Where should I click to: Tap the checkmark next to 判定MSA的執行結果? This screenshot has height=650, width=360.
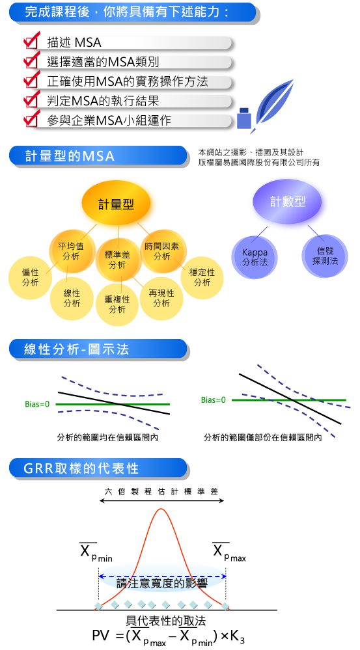pyautogui.click(x=32, y=99)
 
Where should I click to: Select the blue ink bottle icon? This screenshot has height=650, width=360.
pyautogui.click(x=244, y=118)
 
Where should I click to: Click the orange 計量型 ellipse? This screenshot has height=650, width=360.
pyautogui.click(x=116, y=204)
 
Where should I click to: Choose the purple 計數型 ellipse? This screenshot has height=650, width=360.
pyautogui.click(x=288, y=202)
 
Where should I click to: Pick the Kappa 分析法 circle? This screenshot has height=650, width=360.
pyautogui.click(x=255, y=256)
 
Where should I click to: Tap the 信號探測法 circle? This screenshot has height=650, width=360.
pyautogui.click(x=325, y=256)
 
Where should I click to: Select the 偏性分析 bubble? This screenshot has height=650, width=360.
pyautogui.click(x=31, y=277)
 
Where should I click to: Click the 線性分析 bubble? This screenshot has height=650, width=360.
pyautogui.click(x=72, y=298)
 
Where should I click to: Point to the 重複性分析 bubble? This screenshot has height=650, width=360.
pyautogui.click(x=117, y=304)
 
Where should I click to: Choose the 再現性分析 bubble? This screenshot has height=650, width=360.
pyautogui.click(x=161, y=298)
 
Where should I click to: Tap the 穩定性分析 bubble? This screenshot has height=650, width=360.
pyautogui.click(x=202, y=277)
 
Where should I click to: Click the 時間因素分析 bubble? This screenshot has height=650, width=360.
pyautogui.click(x=161, y=251)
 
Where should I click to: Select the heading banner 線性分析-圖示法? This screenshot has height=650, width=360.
pyautogui.click(x=98, y=349)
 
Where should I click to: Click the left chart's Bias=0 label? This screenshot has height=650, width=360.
pyautogui.click(x=37, y=404)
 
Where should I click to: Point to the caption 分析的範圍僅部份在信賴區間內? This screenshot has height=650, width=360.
pyautogui.click(x=262, y=437)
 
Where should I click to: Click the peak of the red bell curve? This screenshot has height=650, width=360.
pyautogui.click(x=161, y=509)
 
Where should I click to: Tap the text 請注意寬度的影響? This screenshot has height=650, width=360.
pyautogui.click(x=161, y=583)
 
